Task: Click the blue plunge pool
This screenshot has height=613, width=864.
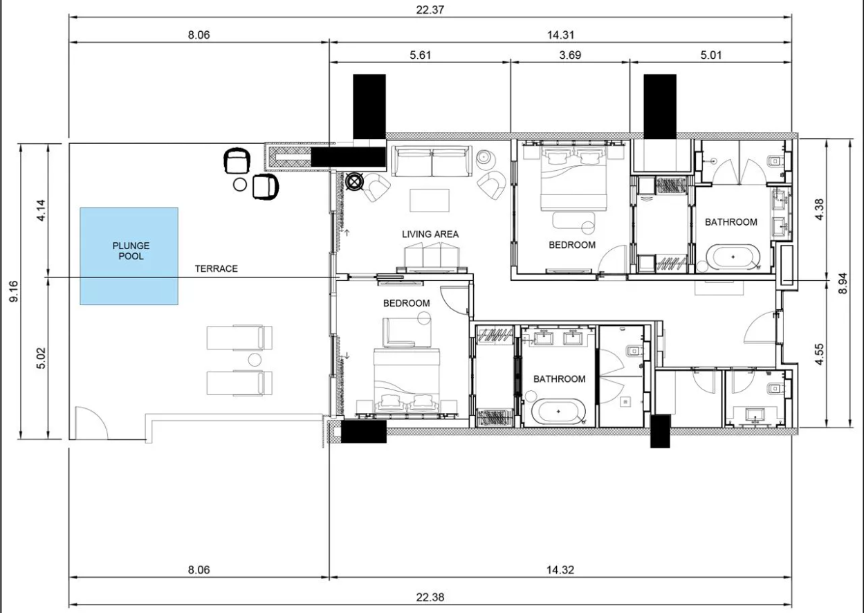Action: point(129,256)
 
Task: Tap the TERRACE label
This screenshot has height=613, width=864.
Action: point(216,268)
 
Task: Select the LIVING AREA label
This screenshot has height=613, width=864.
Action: point(430,234)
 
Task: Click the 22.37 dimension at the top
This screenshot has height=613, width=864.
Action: point(430,10)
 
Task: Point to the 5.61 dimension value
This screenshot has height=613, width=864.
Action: point(420,55)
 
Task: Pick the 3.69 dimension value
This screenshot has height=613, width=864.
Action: point(570,55)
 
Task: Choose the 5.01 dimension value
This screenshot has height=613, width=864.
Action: point(711,55)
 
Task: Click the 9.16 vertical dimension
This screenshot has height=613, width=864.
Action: point(14,291)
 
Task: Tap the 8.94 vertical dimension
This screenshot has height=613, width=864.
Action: point(843,284)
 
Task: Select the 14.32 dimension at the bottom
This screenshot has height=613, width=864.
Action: point(560,570)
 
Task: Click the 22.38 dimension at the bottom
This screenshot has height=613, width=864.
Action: point(430,598)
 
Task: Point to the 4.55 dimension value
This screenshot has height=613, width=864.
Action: point(820,354)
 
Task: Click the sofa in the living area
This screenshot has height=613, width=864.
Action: point(432,161)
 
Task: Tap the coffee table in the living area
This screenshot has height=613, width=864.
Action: point(430,200)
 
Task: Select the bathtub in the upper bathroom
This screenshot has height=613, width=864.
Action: point(733,257)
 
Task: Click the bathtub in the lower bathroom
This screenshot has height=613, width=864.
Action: point(558,412)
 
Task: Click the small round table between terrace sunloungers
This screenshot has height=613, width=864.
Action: point(255,360)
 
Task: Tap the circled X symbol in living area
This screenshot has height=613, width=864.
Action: point(354,182)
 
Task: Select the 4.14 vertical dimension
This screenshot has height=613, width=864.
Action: point(42,210)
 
